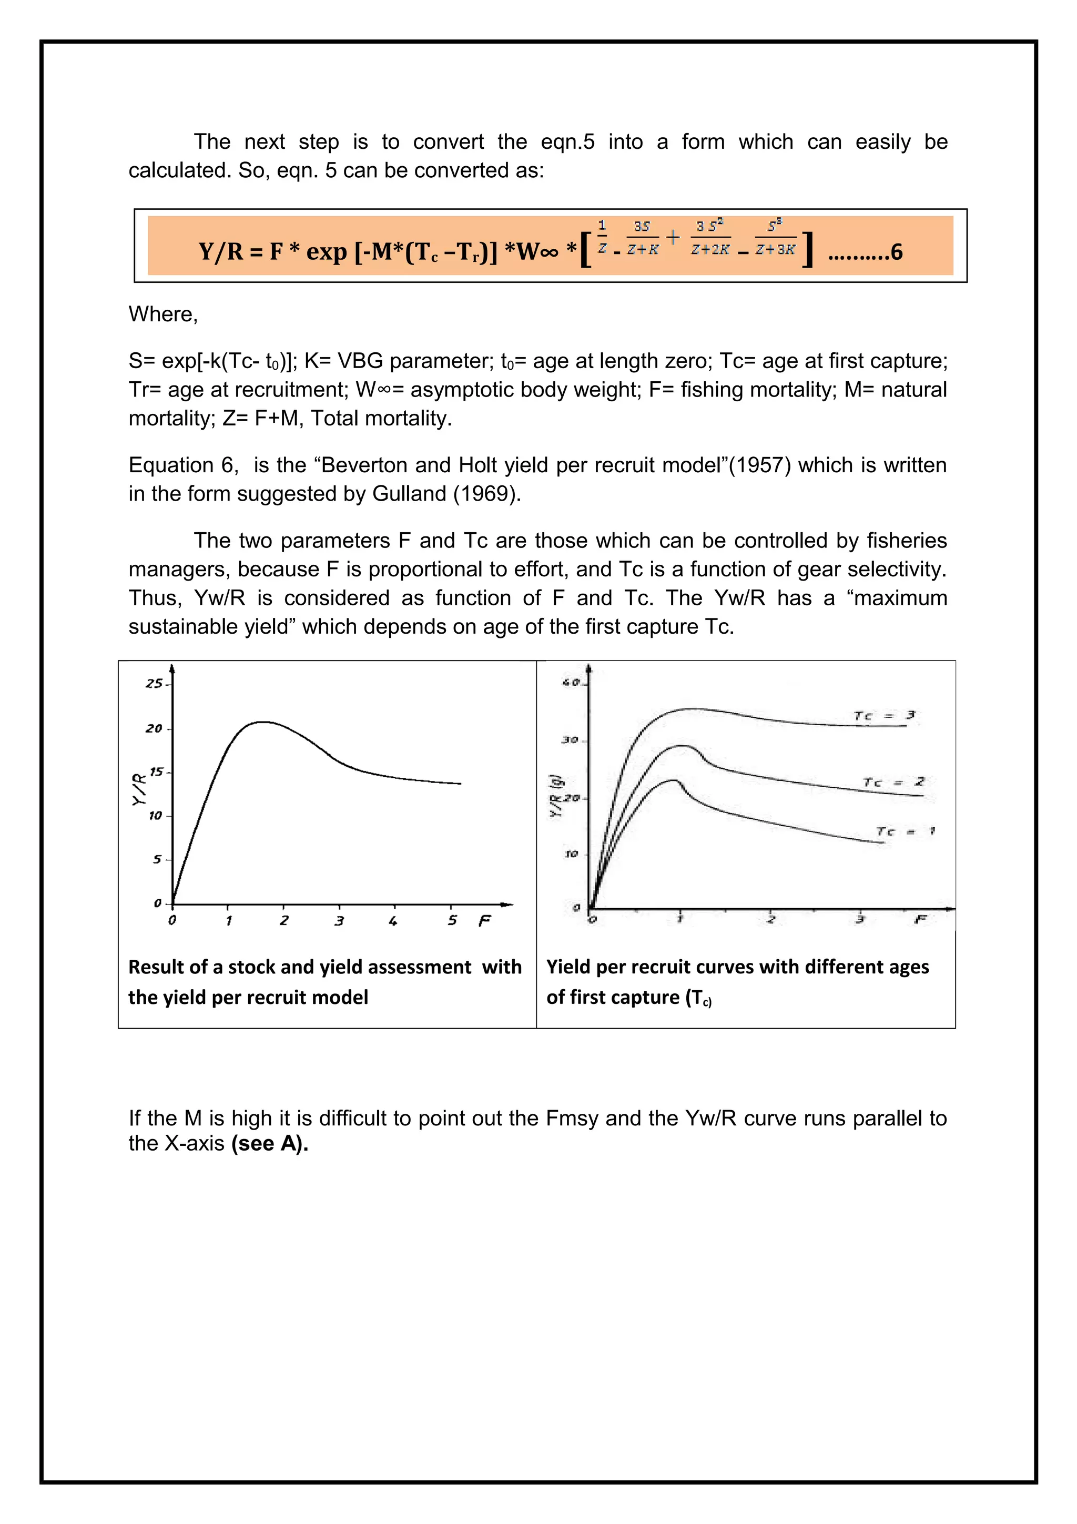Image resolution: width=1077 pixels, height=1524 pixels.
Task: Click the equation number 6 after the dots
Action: coord(896,252)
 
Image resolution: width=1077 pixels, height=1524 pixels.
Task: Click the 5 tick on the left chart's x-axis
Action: coord(452,921)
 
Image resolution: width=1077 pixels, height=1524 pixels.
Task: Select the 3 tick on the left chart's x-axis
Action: coord(339,921)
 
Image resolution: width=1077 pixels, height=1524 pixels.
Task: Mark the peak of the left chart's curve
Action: coord(263,722)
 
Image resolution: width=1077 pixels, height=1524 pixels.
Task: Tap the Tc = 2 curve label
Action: coord(893,783)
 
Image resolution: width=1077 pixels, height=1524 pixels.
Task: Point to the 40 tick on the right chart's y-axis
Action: coord(571,683)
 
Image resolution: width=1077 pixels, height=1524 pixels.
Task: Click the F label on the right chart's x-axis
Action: coord(920,919)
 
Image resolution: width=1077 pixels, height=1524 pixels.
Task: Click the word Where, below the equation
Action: coord(163,314)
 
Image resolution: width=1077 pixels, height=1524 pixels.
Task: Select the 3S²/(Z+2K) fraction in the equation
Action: coord(710,238)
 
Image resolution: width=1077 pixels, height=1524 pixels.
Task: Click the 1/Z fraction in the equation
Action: coord(602,238)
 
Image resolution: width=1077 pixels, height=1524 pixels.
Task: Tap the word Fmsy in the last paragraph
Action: coord(572,1119)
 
